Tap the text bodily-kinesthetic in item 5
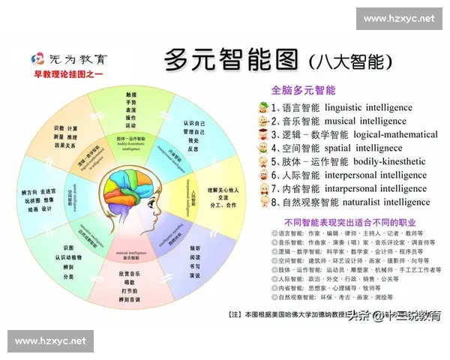click(x=388, y=162)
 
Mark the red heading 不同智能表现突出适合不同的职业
click(x=349, y=223)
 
